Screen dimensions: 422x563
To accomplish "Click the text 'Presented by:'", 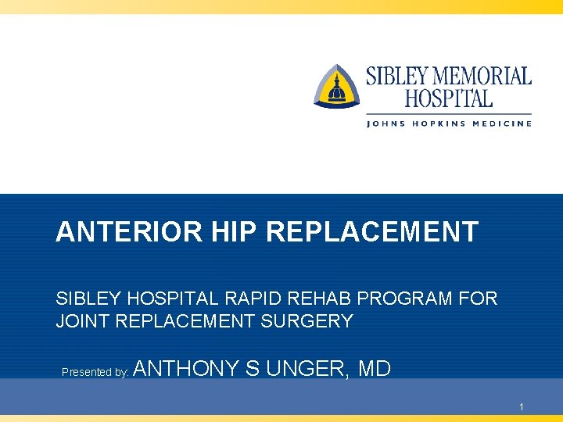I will tap(95, 372).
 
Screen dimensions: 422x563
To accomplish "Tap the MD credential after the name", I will tap(374, 368).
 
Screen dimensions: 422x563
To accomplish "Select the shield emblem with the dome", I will tap(337, 86).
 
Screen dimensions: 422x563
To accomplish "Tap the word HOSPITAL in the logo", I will tap(448, 99).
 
